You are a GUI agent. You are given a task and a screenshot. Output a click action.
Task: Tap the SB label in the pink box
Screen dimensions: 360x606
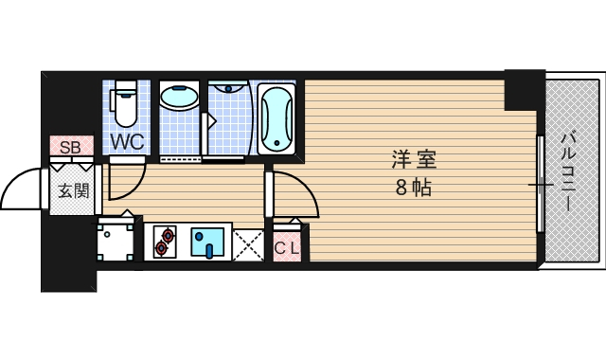[x=70, y=147]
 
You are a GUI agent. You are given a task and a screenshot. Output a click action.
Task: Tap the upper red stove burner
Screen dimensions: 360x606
[x=169, y=234]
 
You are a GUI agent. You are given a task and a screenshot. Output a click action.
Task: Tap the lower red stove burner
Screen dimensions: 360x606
[x=162, y=248]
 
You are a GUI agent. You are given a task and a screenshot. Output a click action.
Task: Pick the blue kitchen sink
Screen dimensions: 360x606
[x=207, y=242]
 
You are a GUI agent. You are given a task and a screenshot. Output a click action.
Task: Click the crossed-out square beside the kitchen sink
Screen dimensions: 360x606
[x=248, y=243]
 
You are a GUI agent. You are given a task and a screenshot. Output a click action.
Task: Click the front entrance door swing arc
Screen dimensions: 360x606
[x=24, y=189]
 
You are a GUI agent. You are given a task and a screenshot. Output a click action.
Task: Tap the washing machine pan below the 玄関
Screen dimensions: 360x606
[x=117, y=241]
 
